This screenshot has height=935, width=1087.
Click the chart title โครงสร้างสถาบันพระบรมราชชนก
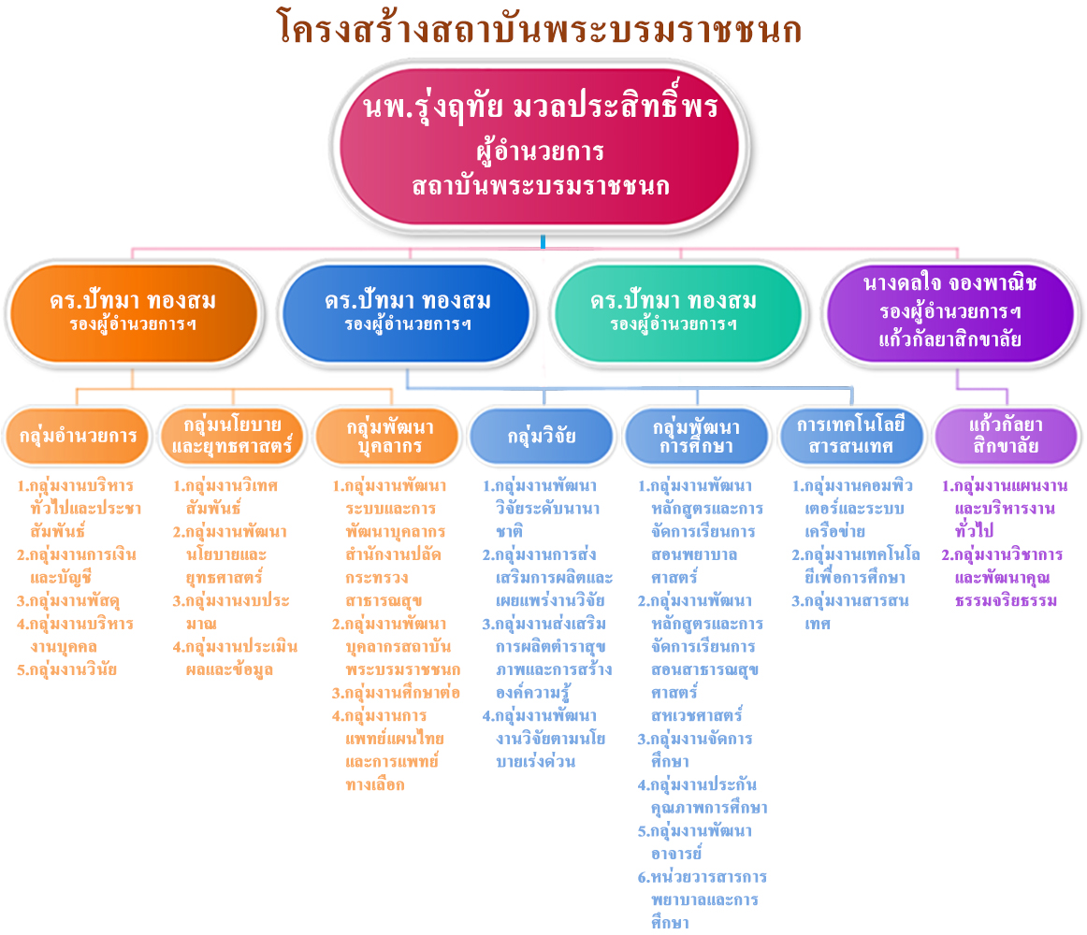point(540,29)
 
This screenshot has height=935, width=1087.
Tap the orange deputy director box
point(133,313)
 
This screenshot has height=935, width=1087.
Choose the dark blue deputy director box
point(407,313)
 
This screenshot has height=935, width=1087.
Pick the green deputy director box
point(677,313)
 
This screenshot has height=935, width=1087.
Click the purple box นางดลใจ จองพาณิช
point(950,313)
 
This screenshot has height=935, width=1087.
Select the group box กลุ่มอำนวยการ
point(77,436)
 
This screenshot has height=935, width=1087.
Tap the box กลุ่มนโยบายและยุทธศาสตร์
point(232,436)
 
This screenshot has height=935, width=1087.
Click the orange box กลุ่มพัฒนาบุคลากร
point(388,436)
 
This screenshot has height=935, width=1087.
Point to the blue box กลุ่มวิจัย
point(543,436)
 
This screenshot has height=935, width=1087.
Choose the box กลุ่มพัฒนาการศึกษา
point(697,436)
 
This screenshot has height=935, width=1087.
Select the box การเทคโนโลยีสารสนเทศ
point(851,436)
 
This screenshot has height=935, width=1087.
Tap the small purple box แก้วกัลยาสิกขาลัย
point(1007,436)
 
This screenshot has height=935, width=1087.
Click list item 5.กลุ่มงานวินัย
point(66,670)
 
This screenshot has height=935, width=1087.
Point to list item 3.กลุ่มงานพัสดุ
point(68,601)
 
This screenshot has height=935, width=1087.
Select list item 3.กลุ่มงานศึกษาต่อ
point(396,693)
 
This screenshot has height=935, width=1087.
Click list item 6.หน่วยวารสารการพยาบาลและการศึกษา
point(703,899)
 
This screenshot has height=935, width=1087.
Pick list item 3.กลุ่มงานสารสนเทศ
point(850,612)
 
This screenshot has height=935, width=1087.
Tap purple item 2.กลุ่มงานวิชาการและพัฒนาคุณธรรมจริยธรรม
point(1003,577)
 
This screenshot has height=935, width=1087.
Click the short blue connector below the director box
point(543,241)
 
